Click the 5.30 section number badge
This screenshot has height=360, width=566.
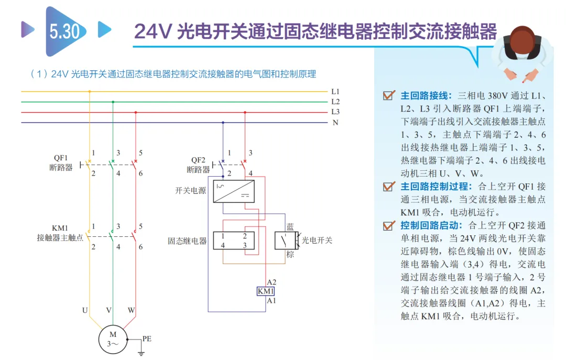tap(66, 31)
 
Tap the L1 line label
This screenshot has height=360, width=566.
tap(335, 92)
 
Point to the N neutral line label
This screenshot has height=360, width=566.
tap(335, 123)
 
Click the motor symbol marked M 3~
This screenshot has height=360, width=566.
tap(113, 340)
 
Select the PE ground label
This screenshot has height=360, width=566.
tap(147, 339)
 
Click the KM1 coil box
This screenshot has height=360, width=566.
tap(266, 291)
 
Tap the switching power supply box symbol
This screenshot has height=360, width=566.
tap(234, 191)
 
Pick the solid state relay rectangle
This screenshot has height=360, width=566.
tap(234, 241)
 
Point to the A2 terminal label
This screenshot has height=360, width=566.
tap(271, 282)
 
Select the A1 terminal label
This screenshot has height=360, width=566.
tap(271, 300)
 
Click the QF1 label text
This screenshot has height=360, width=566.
tap(61, 158)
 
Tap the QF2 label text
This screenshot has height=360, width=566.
tap(198, 160)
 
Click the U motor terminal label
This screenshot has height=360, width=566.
tap(85, 310)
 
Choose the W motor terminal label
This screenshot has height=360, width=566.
tap(132, 310)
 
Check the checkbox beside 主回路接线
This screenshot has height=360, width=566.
tap(388, 95)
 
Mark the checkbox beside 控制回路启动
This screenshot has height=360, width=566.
tap(388, 225)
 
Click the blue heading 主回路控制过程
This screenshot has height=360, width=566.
tap(436, 187)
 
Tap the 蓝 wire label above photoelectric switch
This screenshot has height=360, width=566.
tap(290, 227)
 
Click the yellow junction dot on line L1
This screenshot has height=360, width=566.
tap(90, 92)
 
